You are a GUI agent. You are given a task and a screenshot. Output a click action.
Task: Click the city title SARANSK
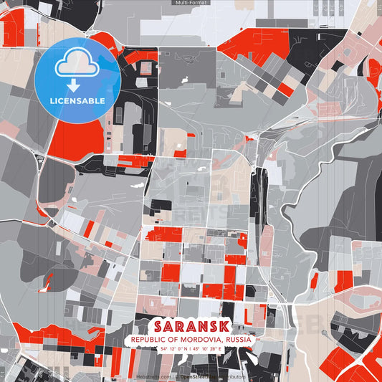click(191, 324)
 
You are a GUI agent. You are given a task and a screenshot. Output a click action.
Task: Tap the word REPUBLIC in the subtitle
click(149, 338)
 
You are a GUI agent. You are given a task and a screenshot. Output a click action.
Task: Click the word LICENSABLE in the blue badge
click(77, 100)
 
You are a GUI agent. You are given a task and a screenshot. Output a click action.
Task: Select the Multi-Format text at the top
click(191, 3)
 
